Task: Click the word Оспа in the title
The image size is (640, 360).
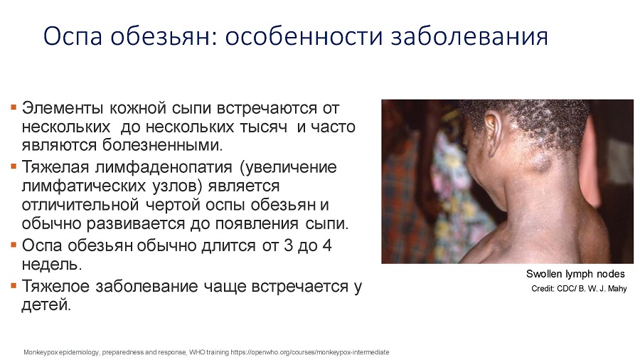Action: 73,36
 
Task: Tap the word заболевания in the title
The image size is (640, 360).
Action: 469,36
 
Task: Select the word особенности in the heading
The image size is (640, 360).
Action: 304,36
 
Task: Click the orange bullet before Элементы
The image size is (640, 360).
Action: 14,107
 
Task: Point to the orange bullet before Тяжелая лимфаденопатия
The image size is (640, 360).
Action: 14,166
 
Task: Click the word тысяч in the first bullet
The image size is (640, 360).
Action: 263,127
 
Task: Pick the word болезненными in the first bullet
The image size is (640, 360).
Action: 162,145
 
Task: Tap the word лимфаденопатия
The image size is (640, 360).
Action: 164,167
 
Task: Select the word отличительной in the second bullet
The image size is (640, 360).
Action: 80,204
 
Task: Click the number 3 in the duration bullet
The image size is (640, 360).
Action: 289,245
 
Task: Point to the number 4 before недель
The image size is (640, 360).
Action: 326,245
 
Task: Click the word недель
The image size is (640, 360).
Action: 52,265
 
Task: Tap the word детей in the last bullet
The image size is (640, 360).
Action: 46,305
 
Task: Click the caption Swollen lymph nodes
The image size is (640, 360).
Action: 575,274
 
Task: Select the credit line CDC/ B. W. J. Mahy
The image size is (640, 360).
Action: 579,289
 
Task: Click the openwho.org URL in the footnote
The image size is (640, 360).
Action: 310,352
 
